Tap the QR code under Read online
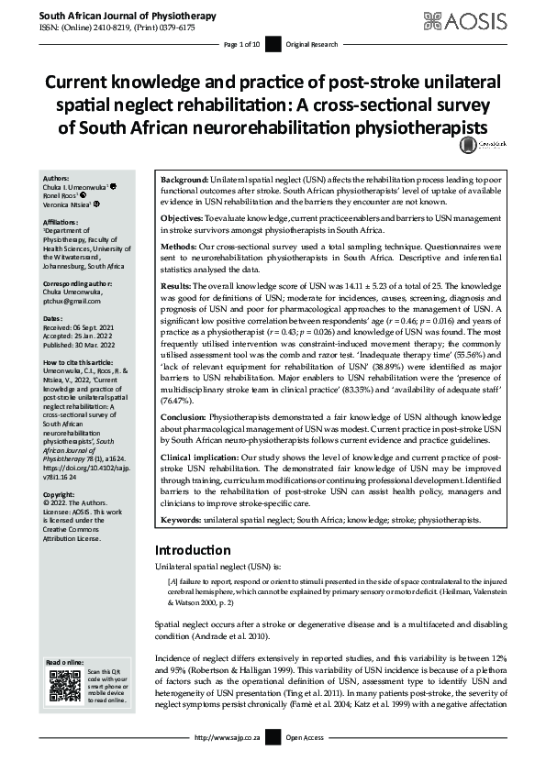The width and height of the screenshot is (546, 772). [64, 685]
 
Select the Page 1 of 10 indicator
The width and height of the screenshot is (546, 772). [242, 44]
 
